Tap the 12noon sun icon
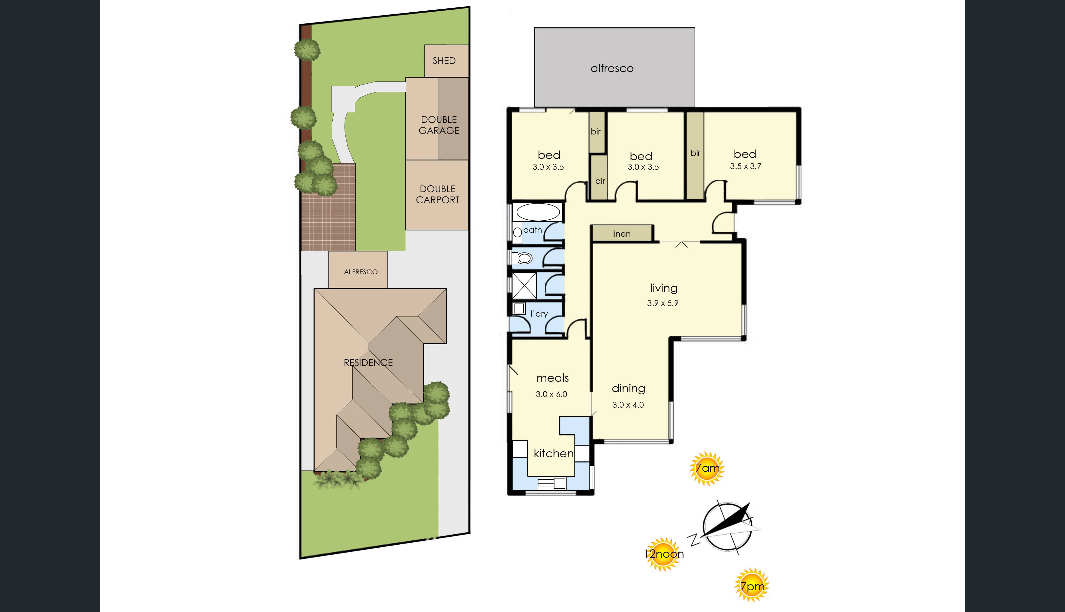point(663,554)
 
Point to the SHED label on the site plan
point(444,60)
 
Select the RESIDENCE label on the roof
point(368,362)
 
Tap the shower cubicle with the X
point(524,286)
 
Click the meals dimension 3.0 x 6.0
point(552,394)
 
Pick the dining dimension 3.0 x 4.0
point(628,405)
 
